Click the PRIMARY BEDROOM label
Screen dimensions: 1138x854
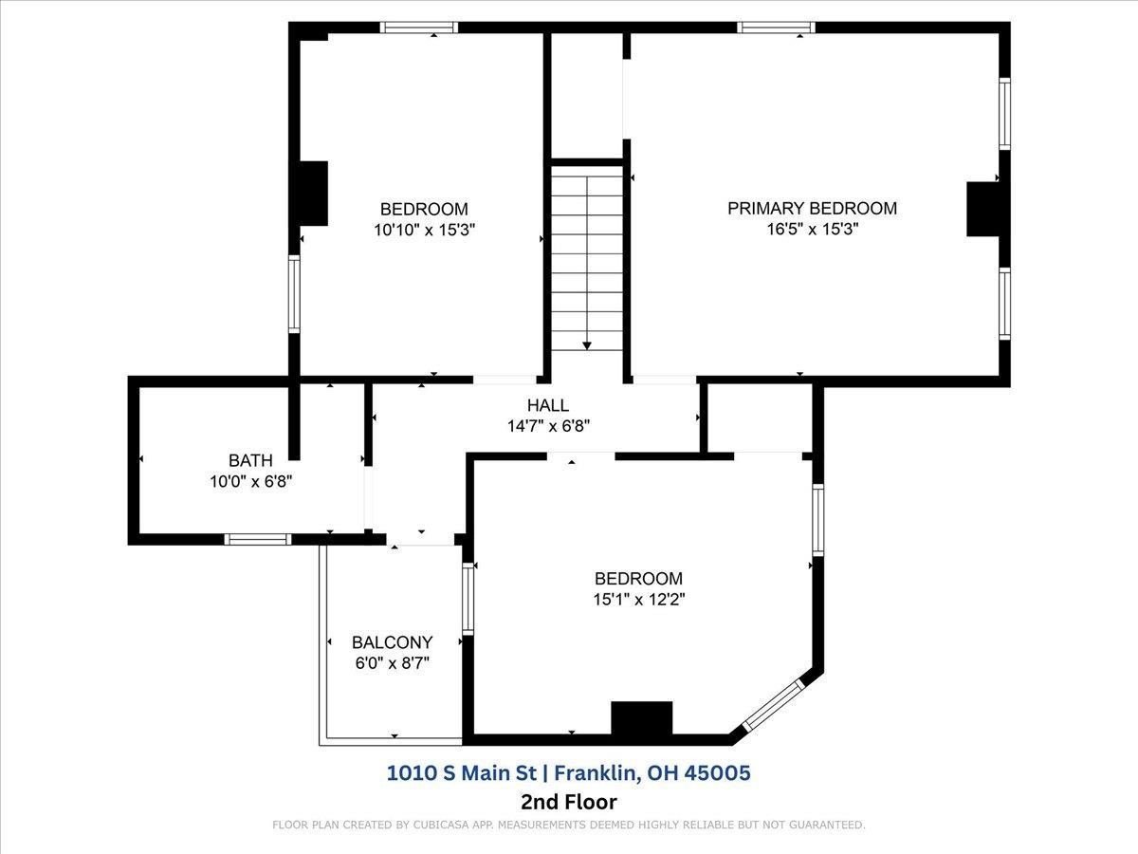click(x=812, y=208)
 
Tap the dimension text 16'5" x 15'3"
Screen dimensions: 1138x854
click(x=813, y=229)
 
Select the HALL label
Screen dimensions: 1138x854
click(x=548, y=405)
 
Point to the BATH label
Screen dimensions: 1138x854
click(x=250, y=460)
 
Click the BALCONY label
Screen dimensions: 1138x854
click(x=392, y=642)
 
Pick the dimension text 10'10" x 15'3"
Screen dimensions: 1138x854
click(x=425, y=230)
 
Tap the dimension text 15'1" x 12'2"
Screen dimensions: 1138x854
click(x=639, y=600)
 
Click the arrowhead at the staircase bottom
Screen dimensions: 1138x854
click(x=587, y=345)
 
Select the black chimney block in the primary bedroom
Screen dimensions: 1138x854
click(x=982, y=209)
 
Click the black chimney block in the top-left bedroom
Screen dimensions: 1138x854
click(x=314, y=194)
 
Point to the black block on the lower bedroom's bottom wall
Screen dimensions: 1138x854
click(x=642, y=717)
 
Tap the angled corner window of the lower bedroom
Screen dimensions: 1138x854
click(x=774, y=705)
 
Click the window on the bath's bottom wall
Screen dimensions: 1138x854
click(x=258, y=539)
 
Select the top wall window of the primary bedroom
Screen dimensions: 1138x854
click(x=776, y=28)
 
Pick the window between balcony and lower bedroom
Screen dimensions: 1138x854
click(x=468, y=599)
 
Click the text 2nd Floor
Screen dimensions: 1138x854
click(x=569, y=802)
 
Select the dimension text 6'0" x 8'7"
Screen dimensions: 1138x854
click(x=393, y=663)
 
